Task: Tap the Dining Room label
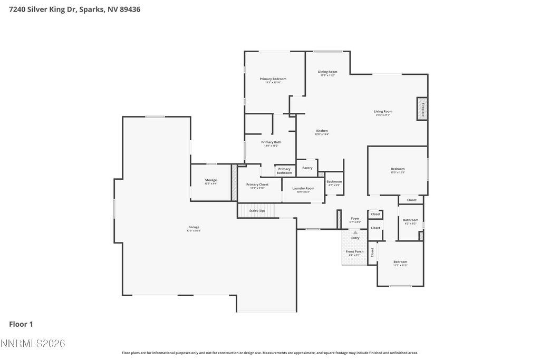point(327,72)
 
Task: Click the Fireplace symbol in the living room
point(422,109)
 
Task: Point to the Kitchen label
point(322,131)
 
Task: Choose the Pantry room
point(307,168)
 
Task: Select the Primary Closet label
point(257,185)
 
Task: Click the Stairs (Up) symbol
point(256,211)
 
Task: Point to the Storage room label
point(211,181)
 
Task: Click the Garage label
point(194,228)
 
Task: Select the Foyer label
point(355,219)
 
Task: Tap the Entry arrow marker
point(355,232)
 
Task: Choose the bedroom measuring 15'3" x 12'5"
point(398,170)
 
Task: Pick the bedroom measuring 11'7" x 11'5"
point(400,262)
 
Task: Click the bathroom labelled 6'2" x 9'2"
point(410,221)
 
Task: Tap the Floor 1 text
point(21,325)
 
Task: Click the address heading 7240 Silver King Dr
point(74,9)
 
